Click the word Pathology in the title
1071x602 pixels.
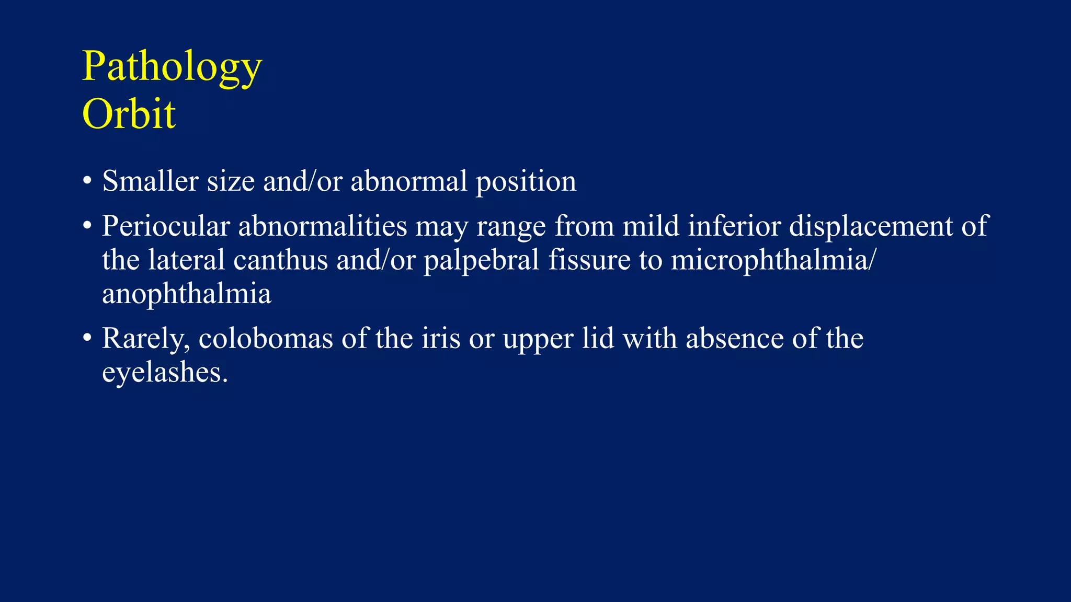pyautogui.click(x=172, y=67)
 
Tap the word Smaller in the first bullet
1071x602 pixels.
pyautogui.click(x=150, y=181)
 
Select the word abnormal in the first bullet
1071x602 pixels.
pyautogui.click(x=408, y=181)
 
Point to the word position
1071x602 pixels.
pyautogui.click(x=526, y=182)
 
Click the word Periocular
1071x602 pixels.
pyautogui.click(x=166, y=226)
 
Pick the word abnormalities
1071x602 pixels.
pyautogui.click(x=322, y=226)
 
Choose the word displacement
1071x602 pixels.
pyautogui.click(x=871, y=227)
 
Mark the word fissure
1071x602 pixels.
pyautogui.click(x=589, y=260)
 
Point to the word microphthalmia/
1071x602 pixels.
pyautogui.click(x=772, y=261)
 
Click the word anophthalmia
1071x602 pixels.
pyautogui.click(x=187, y=294)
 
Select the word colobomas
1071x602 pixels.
pyautogui.click(x=266, y=339)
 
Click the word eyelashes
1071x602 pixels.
pyautogui.click(x=165, y=373)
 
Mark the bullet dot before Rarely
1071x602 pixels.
pyautogui.click(x=87, y=338)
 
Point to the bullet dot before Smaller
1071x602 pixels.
pyautogui.click(x=87, y=181)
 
